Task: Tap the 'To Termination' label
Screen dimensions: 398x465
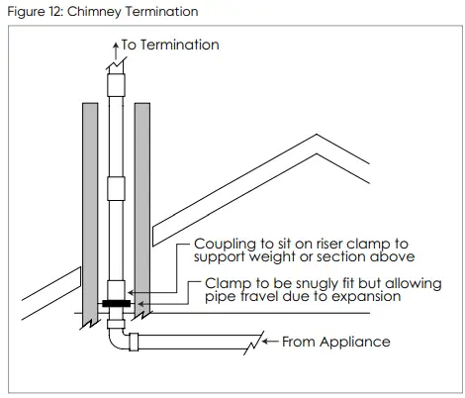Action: point(170,45)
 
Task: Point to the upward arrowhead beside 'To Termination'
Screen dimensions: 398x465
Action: point(115,45)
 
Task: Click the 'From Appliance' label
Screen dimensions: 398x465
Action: point(335,343)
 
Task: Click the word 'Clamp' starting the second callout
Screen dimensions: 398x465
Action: point(226,282)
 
